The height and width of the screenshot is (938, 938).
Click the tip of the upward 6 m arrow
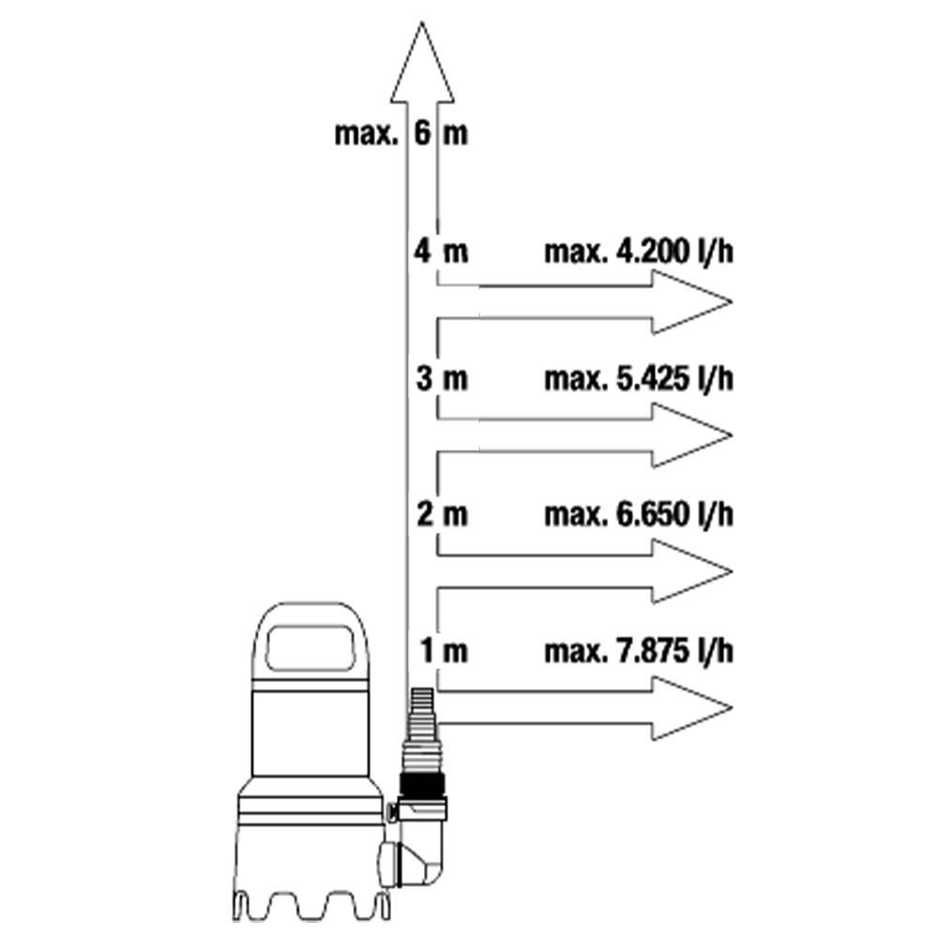point(422,23)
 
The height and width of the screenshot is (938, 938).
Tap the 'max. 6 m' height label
point(401,133)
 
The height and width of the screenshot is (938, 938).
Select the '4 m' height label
point(441,251)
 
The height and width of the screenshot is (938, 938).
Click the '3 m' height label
point(442,379)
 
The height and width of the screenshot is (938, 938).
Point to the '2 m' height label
point(442,514)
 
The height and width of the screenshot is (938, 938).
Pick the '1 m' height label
point(444,650)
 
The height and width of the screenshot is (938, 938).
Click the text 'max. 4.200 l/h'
point(638,251)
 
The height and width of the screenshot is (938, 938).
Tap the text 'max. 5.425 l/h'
point(638,379)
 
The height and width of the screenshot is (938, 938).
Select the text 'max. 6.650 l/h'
point(638,514)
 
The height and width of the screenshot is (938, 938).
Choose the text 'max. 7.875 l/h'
point(638,651)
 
